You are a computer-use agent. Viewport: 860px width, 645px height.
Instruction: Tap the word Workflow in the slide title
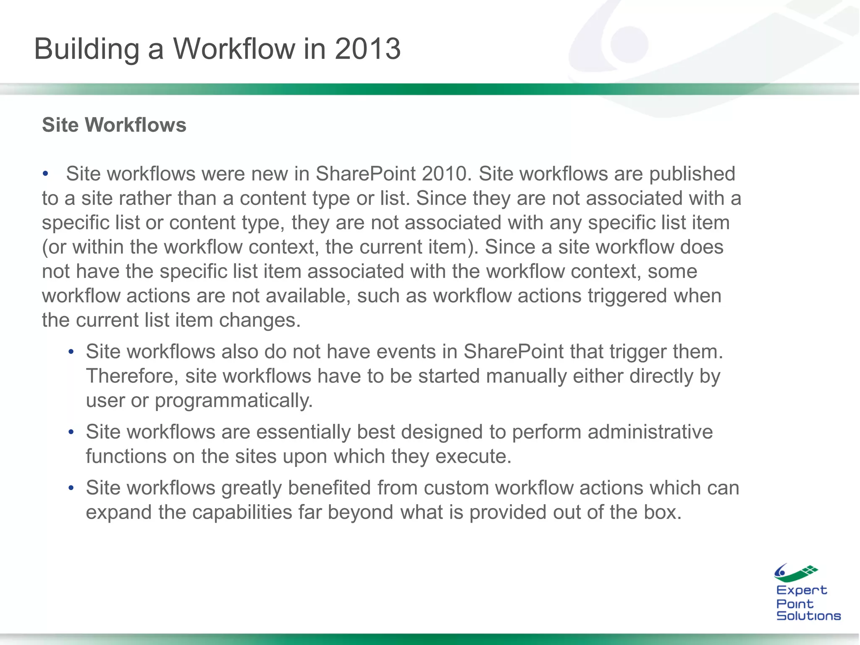pos(234,49)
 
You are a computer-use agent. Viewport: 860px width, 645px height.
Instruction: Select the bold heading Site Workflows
pos(114,125)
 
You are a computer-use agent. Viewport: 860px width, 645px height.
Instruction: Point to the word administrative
pos(650,432)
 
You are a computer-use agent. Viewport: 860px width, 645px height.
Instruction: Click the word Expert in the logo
pos(801,591)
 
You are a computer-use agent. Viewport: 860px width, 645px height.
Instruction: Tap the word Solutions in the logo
pos(808,616)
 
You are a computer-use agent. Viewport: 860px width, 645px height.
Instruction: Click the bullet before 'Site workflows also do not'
pos(71,352)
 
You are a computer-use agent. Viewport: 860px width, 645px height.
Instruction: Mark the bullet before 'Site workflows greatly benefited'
pos(71,488)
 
